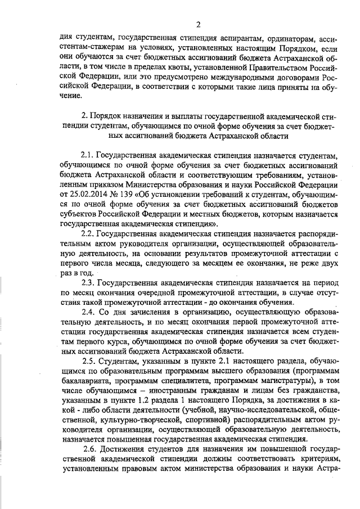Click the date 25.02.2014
(x=84, y=194)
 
